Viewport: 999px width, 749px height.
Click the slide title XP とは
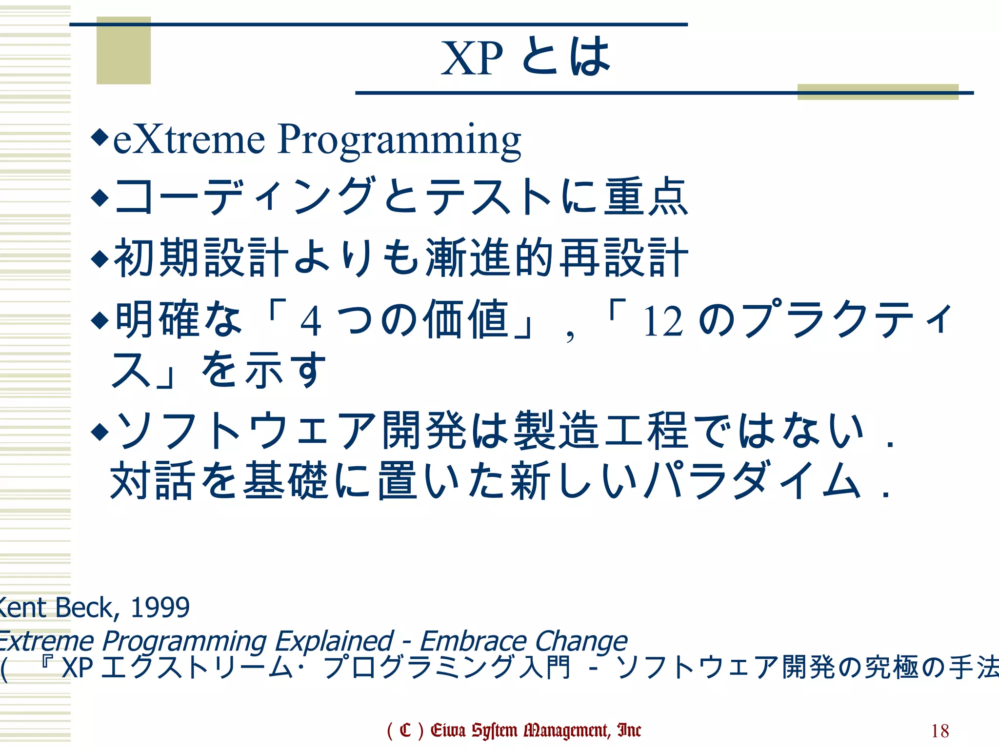coord(525,58)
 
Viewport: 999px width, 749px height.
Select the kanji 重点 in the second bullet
coord(645,197)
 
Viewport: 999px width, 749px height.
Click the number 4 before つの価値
coord(311,322)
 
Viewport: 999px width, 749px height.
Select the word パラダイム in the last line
coord(753,481)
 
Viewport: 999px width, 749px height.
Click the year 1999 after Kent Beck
coord(160,608)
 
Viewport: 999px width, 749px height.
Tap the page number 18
coord(939,731)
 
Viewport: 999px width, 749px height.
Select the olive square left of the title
coord(123,51)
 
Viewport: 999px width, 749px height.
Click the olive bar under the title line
coord(878,92)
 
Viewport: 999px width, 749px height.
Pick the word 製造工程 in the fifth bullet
coord(601,430)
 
